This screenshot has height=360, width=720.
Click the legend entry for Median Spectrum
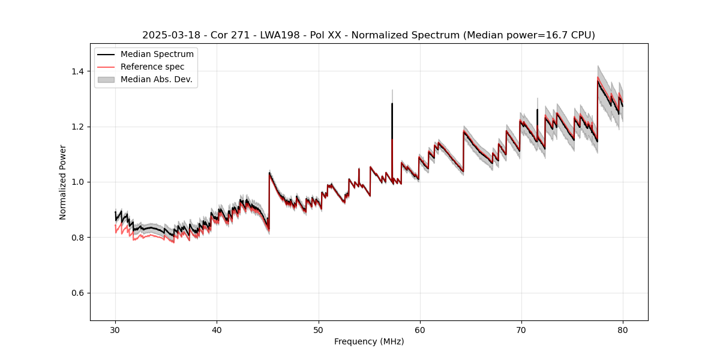pyautogui.click(x=157, y=55)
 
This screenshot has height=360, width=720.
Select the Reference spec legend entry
pyautogui.click(x=152, y=67)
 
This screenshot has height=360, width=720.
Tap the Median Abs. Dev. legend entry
pyautogui.click(x=156, y=79)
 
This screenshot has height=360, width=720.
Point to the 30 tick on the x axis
pyautogui.click(x=115, y=329)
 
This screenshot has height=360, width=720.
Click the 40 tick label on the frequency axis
pyautogui.click(x=217, y=329)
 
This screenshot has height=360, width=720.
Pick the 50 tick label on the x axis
pyautogui.click(x=318, y=329)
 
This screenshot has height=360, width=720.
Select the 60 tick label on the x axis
pyautogui.click(x=420, y=329)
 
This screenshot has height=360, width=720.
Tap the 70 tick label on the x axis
pyautogui.click(x=521, y=329)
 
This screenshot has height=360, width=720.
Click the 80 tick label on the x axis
pyautogui.click(x=623, y=329)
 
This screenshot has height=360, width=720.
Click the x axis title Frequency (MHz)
pyautogui.click(x=369, y=341)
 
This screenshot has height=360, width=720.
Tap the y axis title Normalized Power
pyautogui.click(x=63, y=182)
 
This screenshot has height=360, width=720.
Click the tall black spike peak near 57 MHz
pyautogui.click(x=392, y=104)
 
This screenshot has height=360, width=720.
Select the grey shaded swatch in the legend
pyautogui.click(x=106, y=79)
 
